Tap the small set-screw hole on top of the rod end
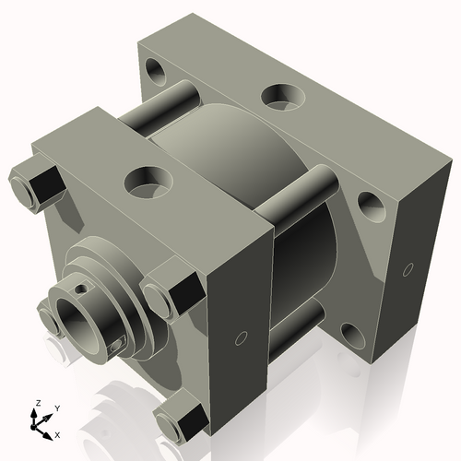(83, 288)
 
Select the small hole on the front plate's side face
(242, 337)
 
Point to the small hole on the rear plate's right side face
(407, 270)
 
